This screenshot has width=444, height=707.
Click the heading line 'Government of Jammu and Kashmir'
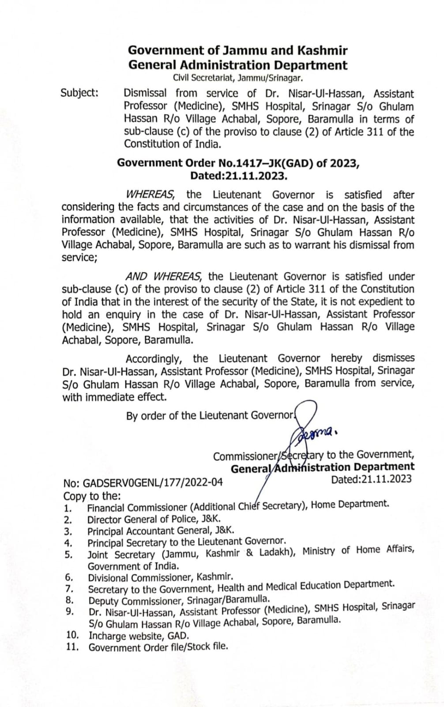tap(237, 50)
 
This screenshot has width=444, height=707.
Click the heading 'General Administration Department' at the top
tap(237, 65)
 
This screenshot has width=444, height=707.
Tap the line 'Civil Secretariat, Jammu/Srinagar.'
tap(237, 78)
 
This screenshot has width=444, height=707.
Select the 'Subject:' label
tap(79, 93)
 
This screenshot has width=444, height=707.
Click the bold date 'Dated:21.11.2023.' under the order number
tap(239, 175)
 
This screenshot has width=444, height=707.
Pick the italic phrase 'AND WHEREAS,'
tap(164, 277)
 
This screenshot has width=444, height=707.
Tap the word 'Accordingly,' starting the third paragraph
tap(153, 358)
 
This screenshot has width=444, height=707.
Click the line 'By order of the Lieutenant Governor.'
tap(210, 415)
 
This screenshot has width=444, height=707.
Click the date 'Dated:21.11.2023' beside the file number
tap(371, 479)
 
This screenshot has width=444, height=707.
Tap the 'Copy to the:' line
tap(92, 496)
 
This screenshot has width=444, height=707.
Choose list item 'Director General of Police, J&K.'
tap(154, 519)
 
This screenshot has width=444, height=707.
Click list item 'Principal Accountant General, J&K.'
tap(161, 531)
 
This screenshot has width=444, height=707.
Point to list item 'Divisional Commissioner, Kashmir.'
tap(160, 577)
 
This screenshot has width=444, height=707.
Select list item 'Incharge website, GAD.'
tap(139, 636)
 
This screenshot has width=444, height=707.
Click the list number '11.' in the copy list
tap(72, 648)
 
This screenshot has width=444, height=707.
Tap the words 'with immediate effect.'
tap(114, 397)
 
